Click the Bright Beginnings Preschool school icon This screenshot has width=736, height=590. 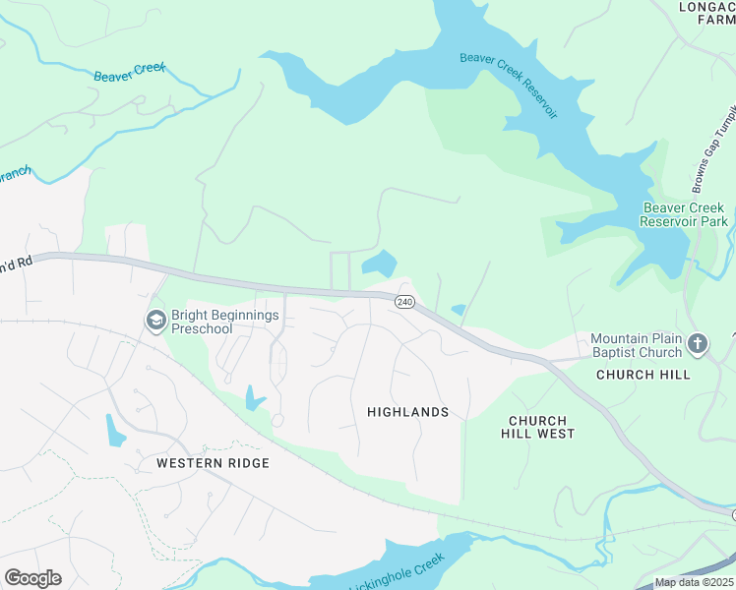155,321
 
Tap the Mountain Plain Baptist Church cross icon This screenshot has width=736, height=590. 698,344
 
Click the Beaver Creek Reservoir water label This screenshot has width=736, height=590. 509,85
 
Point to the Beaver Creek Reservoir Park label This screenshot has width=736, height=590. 683,214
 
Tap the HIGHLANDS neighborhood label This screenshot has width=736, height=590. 407,412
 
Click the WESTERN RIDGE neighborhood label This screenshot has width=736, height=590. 213,462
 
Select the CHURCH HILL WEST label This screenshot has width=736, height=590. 537,427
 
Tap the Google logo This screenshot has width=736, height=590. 32,578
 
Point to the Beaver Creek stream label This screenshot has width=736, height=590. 130,73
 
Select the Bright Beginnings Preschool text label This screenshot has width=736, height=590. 225,322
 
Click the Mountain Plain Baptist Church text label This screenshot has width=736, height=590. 636,345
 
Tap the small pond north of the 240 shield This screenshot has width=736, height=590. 380,264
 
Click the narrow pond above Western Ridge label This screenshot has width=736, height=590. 115,430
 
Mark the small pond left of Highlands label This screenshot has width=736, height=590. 254,398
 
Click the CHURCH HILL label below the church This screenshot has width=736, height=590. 644,375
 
